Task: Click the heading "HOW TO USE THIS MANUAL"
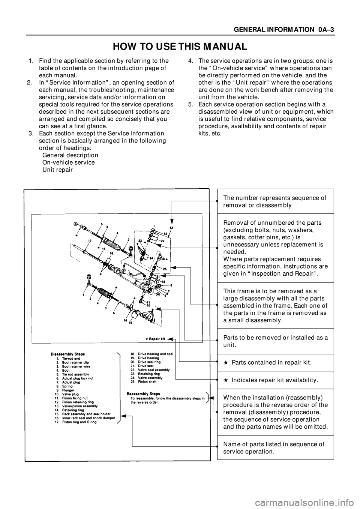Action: (180, 47)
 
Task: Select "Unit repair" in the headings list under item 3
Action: (58, 170)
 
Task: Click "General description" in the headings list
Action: (70, 155)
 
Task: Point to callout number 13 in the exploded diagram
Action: (171, 228)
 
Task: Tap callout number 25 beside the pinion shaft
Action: (165, 269)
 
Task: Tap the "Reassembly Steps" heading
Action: (141, 393)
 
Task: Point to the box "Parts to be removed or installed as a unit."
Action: (275, 341)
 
